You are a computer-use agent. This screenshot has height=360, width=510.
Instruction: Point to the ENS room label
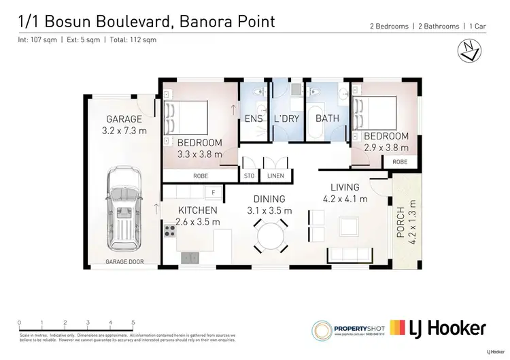click(x=254, y=118)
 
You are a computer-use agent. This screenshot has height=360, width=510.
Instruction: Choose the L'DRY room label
click(x=286, y=118)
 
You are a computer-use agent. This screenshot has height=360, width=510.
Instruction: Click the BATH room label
click(x=327, y=118)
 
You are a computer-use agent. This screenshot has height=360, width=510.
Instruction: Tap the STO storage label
click(x=249, y=176)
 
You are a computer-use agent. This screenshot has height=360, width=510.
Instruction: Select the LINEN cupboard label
click(x=276, y=176)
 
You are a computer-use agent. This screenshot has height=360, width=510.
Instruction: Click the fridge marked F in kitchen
click(x=214, y=193)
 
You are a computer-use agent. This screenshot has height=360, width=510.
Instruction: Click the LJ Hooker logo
click(x=438, y=329)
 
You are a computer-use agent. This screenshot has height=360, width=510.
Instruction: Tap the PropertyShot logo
click(x=347, y=329)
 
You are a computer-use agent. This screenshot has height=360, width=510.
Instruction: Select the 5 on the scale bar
click(x=133, y=323)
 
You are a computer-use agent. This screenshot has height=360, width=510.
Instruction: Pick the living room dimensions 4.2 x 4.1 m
click(x=345, y=199)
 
